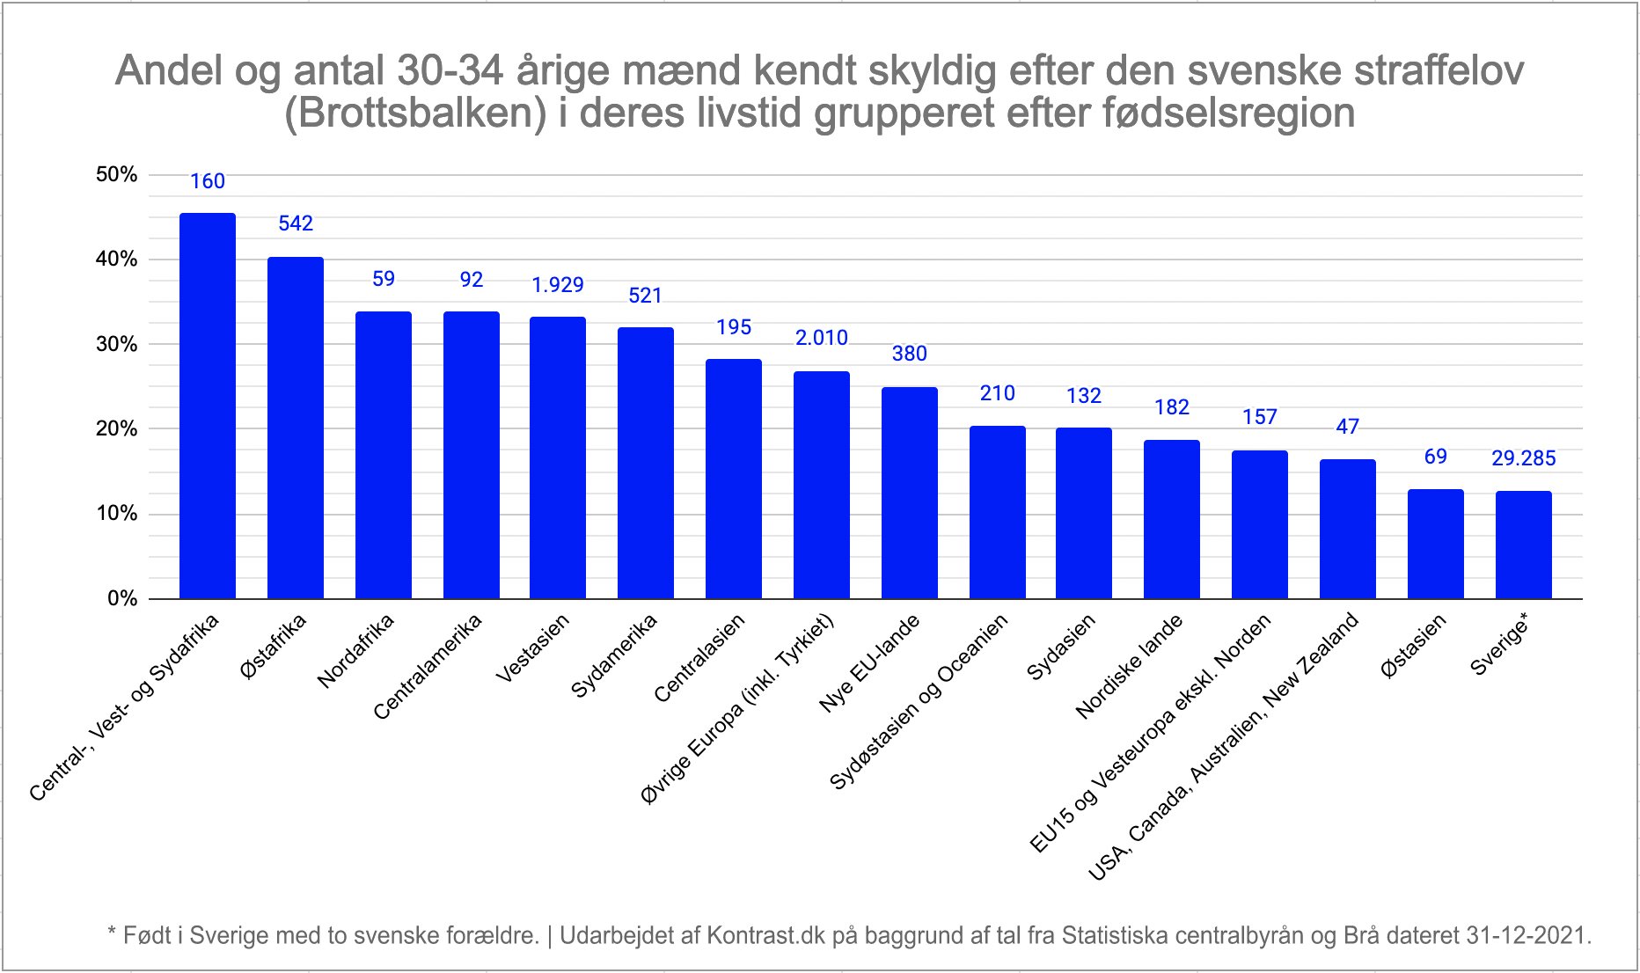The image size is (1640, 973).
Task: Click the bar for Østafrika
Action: coord(296,428)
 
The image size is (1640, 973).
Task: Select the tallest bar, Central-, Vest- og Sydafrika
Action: coord(208,406)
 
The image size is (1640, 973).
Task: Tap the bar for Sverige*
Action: coord(1523,545)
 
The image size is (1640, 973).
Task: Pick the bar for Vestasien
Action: coord(558,457)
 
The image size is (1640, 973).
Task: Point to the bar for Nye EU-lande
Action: coord(909,493)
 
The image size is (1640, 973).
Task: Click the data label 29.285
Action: coord(1523,458)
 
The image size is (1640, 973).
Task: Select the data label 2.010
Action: coord(821,338)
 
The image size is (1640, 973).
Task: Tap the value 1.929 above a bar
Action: coord(558,285)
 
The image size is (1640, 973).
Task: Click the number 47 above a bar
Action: coord(1347,427)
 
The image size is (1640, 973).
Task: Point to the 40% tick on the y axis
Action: coord(116,260)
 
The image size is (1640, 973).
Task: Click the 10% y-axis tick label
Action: coord(116,514)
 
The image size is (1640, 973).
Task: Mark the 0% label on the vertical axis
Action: coord(122,599)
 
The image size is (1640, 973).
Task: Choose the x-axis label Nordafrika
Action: coord(355,651)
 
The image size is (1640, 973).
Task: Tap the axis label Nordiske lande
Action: coord(1129,667)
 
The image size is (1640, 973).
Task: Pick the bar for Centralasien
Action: coord(733,479)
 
